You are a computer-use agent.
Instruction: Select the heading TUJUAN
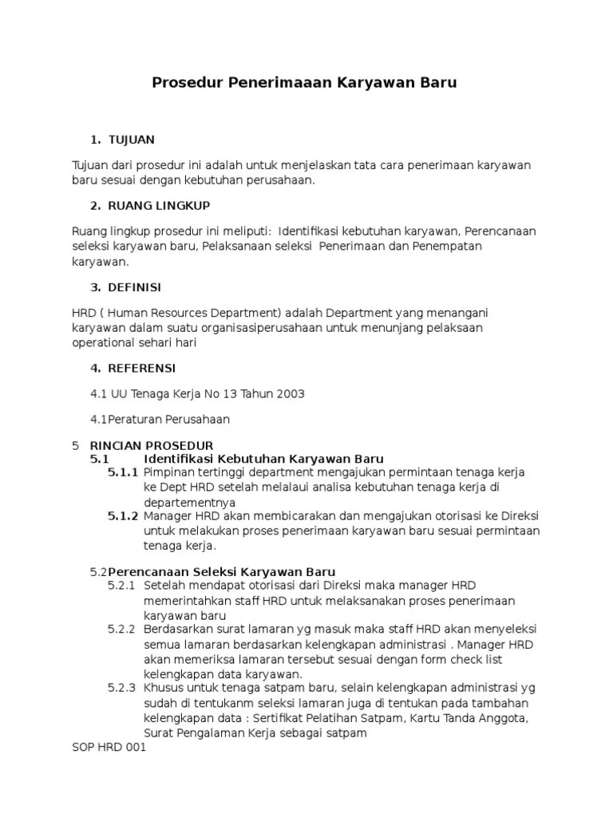pyautogui.click(x=132, y=140)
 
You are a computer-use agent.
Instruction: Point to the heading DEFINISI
pyautogui.click(x=135, y=287)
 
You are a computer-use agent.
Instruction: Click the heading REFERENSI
pyautogui.click(x=142, y=368)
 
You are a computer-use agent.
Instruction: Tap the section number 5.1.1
pyautogui.click(x=124, y=473)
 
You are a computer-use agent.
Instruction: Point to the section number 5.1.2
pyautogui.click(x=124, y=517)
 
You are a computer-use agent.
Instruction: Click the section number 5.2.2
pyautogui.click(x=123, y=630)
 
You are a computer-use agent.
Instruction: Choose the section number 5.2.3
pyautogui.click(x=123, y=688)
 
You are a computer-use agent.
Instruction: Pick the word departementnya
pyautogui.click(x=190, y=503)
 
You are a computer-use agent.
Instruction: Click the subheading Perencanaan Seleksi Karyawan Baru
pyautogui.click(x=222, y=572)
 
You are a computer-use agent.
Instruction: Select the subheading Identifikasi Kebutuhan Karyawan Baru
pyautogui.click(x=264, y=459)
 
